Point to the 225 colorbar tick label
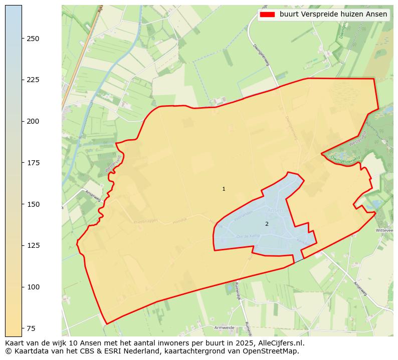[x=33, y=80]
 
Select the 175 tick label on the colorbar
[x=33, y=163]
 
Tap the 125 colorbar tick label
[x=33, y=245]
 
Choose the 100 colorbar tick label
[x=33, y=287]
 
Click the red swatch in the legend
[x=268, y=15]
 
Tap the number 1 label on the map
[x=224, y=189]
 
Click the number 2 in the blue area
[x=267, y=224]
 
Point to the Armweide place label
[x=224, y=327]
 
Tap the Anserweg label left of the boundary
[x=93, y=196]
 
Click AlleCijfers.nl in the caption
[x=280, y=343]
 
